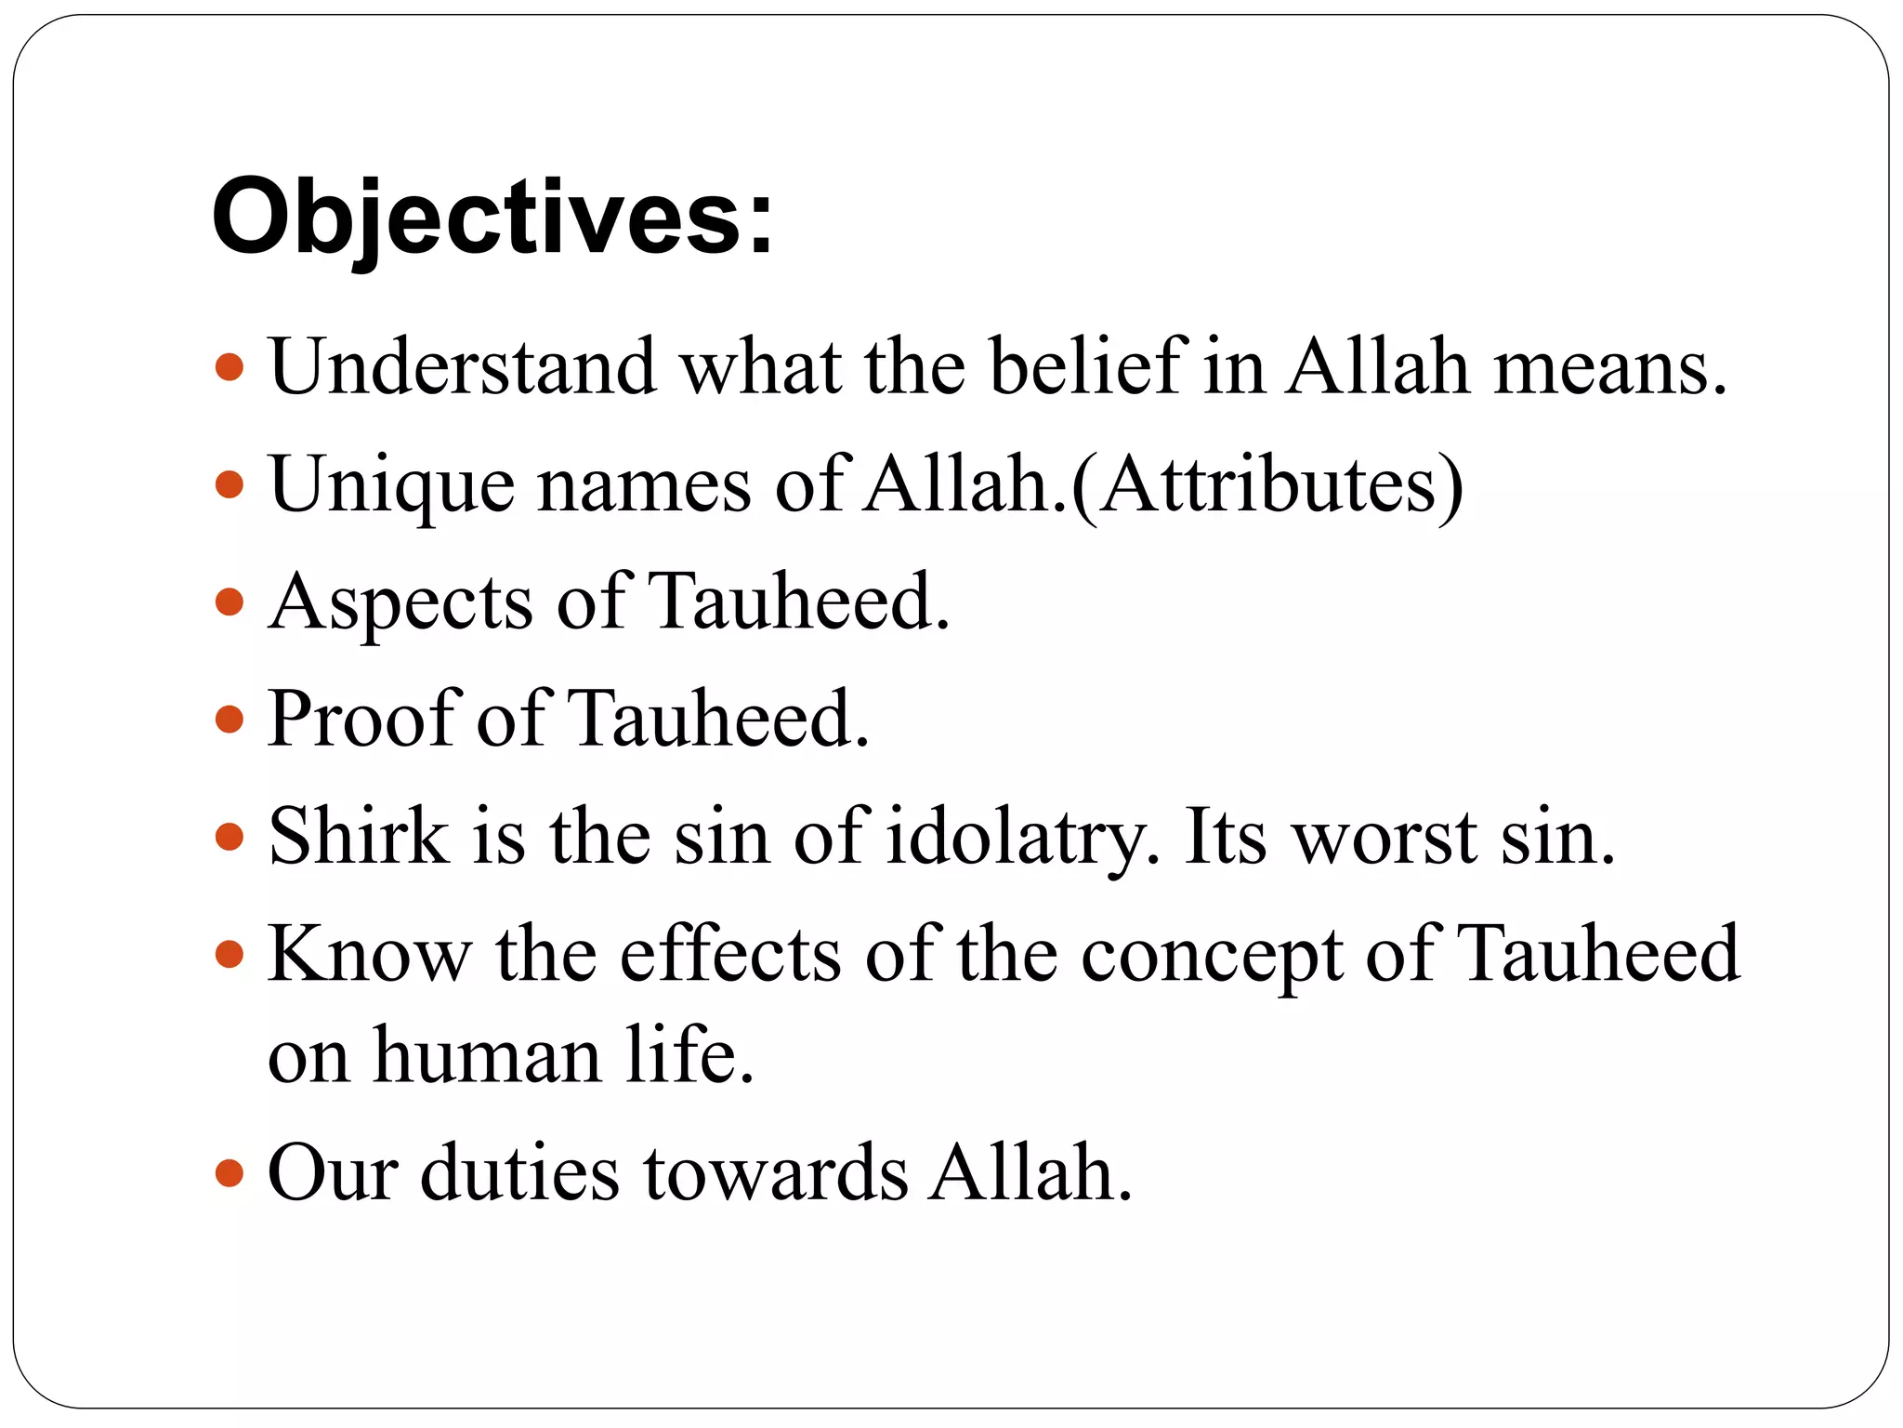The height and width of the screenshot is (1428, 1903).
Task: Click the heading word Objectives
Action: pyautogui.click(x=492, y=218)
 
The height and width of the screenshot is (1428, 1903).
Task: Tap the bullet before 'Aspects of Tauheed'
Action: pyautogui.click(x=229, y=602)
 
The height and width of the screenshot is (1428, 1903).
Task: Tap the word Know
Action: pyautogui.click(x=369, y=954)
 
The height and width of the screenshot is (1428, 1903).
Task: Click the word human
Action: pyautogui.click(x=487, y=1056)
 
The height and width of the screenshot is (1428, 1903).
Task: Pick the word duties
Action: pyautogui.click(x=519, y=1173)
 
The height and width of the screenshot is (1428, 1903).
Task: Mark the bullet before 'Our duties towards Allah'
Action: pyautogui.click(x=229, y=1173)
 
